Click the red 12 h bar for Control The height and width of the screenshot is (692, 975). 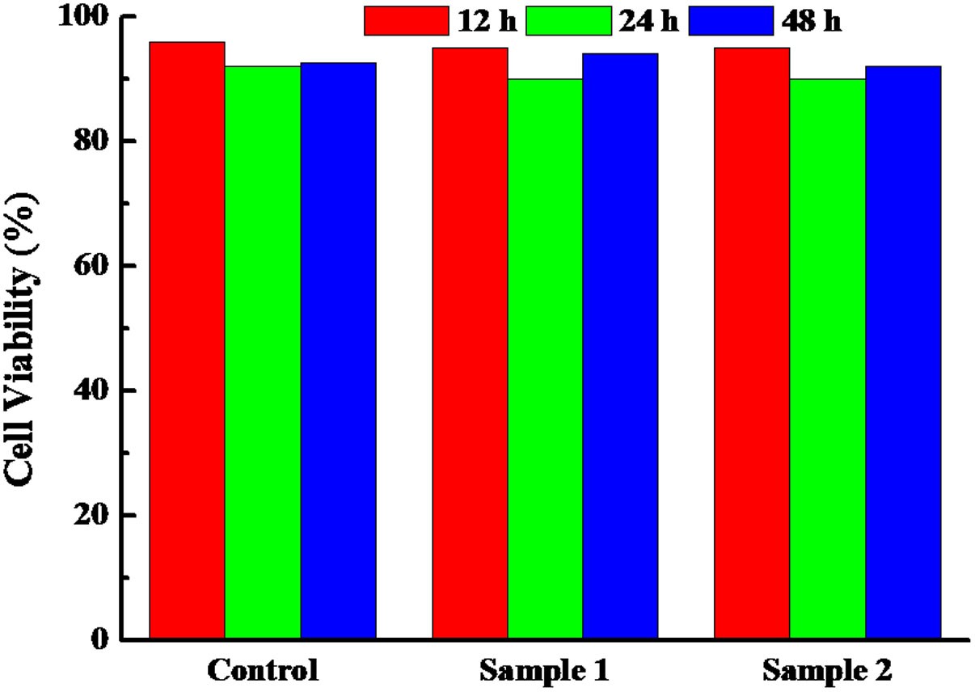click(x=187, y=340)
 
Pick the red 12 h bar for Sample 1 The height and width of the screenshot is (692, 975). click(x=470, y=344)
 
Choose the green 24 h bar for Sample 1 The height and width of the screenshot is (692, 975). click(x=545, y=359)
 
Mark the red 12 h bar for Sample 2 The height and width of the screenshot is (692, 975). click(x=752, y=344)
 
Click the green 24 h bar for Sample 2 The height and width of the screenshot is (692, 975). click(x=827, y=359)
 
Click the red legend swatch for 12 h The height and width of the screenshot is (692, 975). click(x=405, y=20)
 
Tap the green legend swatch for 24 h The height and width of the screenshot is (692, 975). click(x=568, y=20)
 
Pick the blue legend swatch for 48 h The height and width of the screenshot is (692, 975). click(x=731, y=20)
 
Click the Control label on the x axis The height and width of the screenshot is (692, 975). click(x=261, y=670)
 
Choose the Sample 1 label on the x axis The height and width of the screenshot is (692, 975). click(x=543, y=670)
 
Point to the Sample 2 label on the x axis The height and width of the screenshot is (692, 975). click(x=826, y=670)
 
